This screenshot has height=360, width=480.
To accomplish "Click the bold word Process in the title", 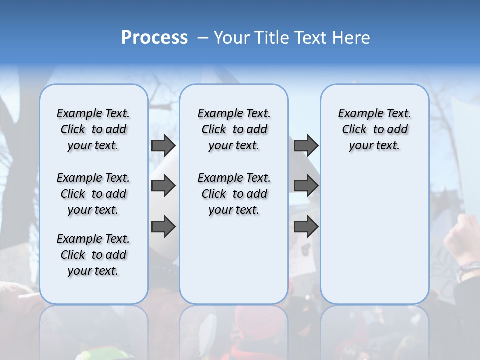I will (x=154, y=38).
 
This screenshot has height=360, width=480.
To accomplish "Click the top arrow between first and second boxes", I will (x=163, y=145).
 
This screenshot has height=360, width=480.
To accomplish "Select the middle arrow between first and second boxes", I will (x=163, y=186).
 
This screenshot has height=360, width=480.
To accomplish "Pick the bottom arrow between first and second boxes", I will (x=163, y=226).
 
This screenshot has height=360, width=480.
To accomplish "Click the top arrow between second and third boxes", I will (x=306, y=145).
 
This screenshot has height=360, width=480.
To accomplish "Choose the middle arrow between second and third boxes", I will (x=306, y=186).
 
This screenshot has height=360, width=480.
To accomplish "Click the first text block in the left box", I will (x=93, y=129).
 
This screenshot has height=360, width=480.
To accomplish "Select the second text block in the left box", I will (x=93, y=194).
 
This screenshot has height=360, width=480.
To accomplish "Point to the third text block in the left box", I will (x=93, y=255).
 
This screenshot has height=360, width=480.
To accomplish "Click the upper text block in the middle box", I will (x=234, y=129).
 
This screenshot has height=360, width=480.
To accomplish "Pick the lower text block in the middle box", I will (x=234, y=194).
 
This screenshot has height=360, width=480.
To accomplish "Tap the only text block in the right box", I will (x=374, y=129).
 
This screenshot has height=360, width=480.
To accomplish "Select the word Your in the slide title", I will (x=232, y=38).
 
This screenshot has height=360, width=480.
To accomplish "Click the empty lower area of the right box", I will (x=374, y=240).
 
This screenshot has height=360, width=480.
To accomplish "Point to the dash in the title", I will (x=203, y=38).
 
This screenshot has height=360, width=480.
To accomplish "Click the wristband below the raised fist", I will (x=467, y=270).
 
